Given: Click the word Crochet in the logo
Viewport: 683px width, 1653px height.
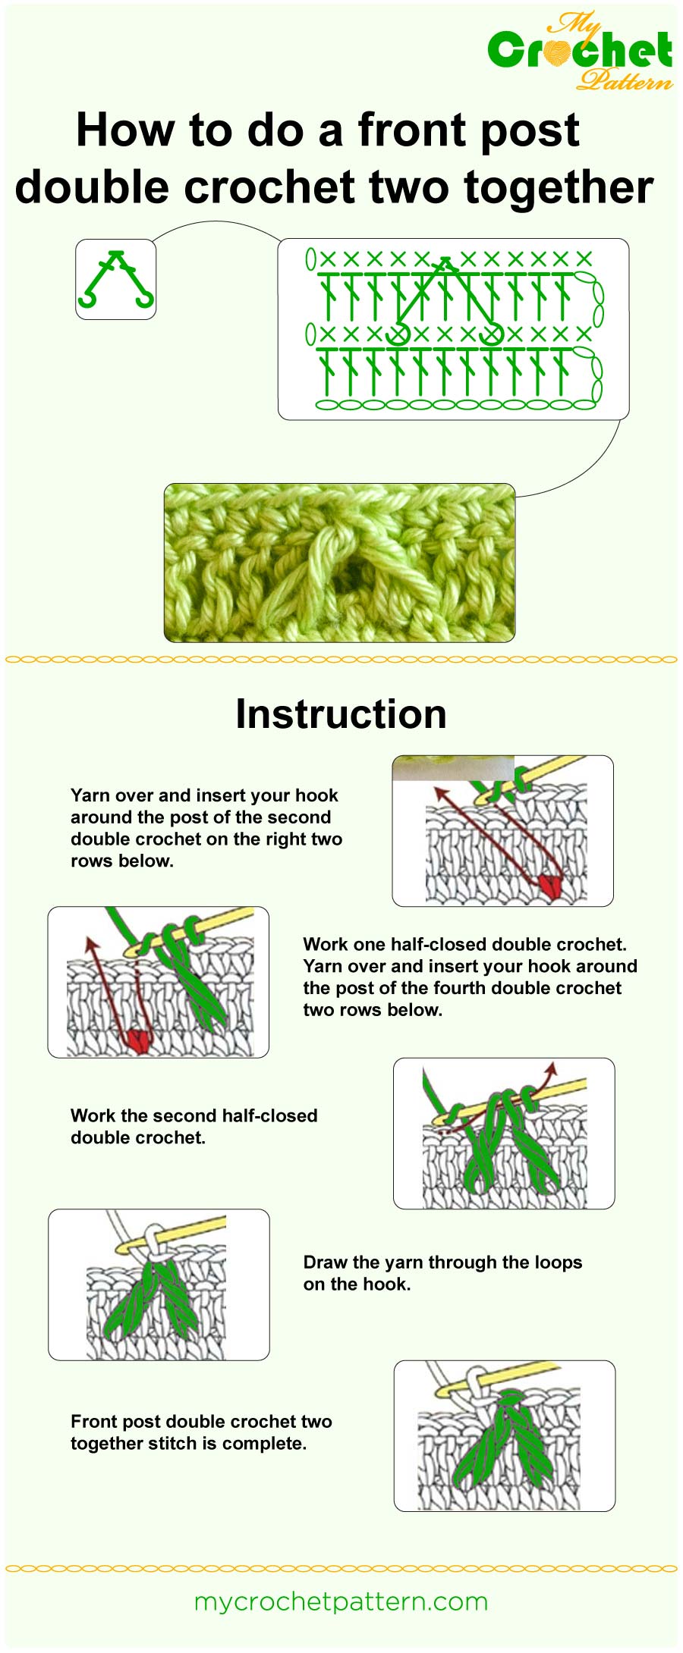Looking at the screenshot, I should pos(580,51).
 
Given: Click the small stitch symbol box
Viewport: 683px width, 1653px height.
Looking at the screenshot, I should pos(115,279).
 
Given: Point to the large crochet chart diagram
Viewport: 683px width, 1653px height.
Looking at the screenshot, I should pos(453,329).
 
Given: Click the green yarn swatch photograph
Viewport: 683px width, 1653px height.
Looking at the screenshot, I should pos(339,563).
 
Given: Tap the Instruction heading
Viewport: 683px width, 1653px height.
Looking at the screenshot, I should pos(341,714).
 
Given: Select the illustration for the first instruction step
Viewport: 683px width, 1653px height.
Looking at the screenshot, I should pos(502,830).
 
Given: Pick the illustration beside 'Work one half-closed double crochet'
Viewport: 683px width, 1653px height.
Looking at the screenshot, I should pos(158,982).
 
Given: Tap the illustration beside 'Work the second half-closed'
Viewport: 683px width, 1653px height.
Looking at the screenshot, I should pos(504,1134).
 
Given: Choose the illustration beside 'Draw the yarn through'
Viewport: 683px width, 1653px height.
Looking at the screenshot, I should pos(159,1284).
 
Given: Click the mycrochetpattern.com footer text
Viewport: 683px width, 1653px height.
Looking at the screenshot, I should pos(341,1602).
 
